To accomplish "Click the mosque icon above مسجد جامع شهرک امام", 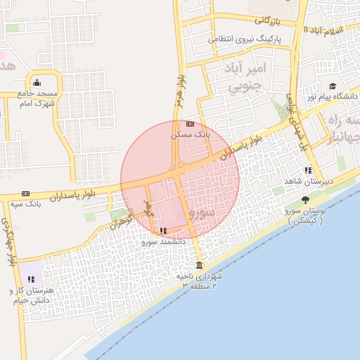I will coord(37,82).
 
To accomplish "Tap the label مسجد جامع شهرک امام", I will coord(37,98).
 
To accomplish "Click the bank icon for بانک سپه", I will coord(26,193).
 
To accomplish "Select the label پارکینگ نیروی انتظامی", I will coord(245,40).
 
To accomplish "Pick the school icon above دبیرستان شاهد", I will coord(308,170).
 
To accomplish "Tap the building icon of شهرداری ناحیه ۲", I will coord(199,266).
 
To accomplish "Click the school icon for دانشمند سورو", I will coord(163,231).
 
